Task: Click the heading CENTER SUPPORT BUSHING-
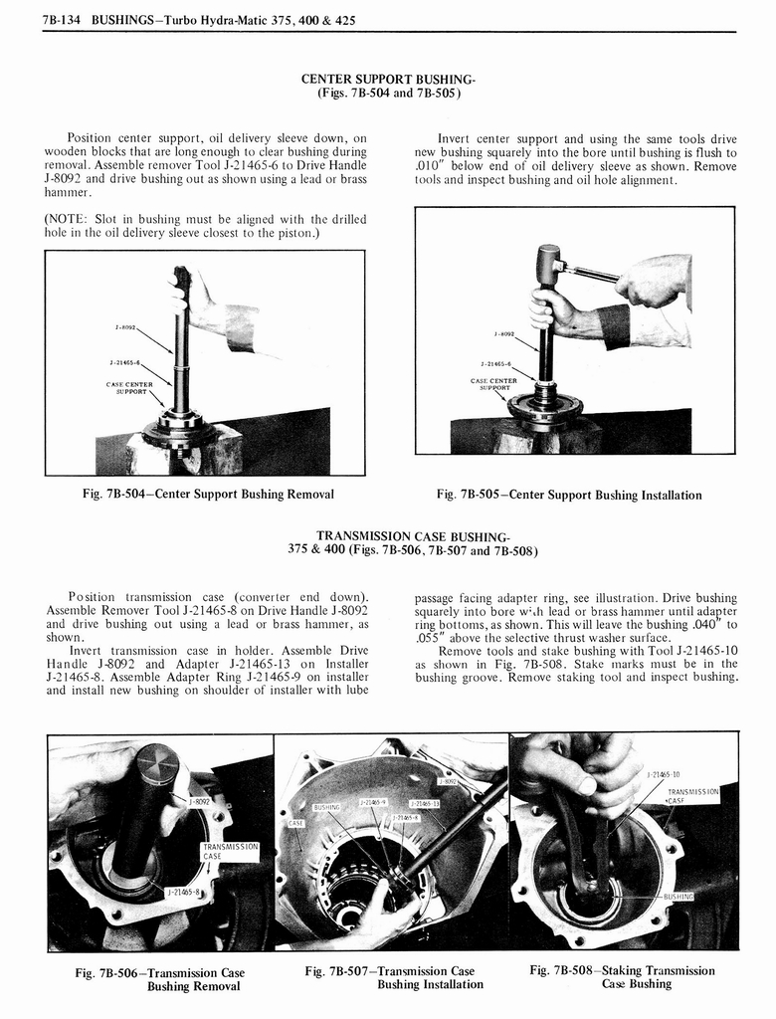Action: coord(388,79)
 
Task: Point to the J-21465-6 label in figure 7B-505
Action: coord(496,364)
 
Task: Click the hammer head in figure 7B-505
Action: coord(548,263)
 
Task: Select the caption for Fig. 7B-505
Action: coord(568,495)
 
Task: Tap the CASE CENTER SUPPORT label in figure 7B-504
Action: coord(129,387)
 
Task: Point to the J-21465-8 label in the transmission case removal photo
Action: coord(184,893)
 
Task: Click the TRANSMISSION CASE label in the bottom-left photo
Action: coord(230,851)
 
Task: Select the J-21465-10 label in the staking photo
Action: coord(664,773)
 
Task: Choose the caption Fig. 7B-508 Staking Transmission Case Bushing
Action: coord(622,977)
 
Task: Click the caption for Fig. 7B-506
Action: coord(160,979)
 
